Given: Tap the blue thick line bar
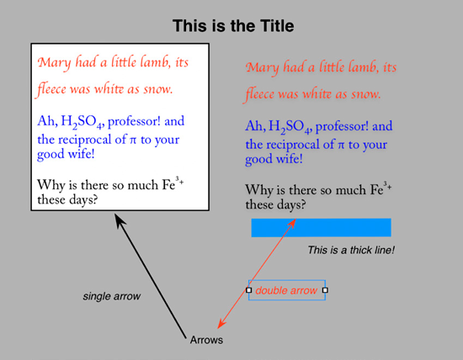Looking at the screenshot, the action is pyautogui.click(x=322, y=227).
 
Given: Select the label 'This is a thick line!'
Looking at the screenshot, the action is pyautogui.click(x=351, y=250).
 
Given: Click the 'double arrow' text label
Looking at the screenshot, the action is pyautogui.click(x=286, y=290).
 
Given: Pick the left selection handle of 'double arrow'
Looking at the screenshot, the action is pyautogui.click(x=249, y=290).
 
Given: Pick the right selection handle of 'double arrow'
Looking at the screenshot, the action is pyautogui.click(x=325, y=290).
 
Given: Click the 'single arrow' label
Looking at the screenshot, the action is pyautogui.click(x=112, y=296).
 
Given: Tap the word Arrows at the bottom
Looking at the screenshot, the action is pyautogui.click(x=206, y=340).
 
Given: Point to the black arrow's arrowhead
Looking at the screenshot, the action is pyautogui.click(x=119, y=220).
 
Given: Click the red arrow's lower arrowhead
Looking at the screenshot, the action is pyautogui.click(x=221, y=322).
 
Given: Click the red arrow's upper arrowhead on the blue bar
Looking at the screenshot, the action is pyautogui.click(x=292, y=224).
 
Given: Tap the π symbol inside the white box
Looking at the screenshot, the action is pyautogui.click(x=134, y=140).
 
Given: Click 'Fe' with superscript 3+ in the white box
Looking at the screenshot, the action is pyautogui.click(x=173, y=184).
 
